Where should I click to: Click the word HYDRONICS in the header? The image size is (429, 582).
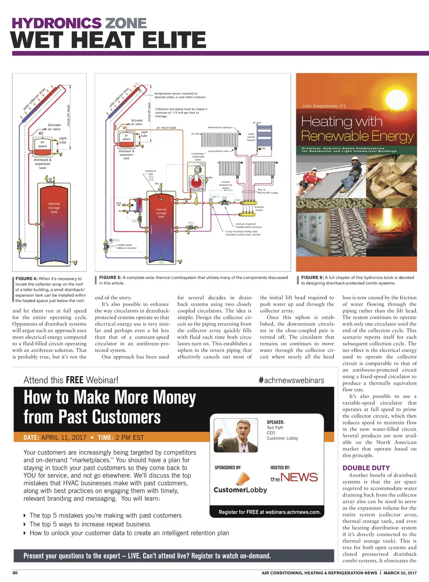pos(56,23)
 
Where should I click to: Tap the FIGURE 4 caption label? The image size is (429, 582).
pos(26,279)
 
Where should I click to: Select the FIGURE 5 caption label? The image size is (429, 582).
pos(110,277)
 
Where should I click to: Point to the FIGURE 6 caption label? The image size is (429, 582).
pos(312,277)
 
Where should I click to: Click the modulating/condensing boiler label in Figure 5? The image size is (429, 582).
pos(198,157)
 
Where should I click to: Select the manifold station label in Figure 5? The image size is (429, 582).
pos(259,208)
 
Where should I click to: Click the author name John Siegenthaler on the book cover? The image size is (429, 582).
pos(325,106)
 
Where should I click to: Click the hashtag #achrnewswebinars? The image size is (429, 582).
pos(292,380)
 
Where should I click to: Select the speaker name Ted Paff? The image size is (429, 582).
pos(275,428)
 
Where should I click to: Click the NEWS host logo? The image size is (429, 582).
pos(294,477)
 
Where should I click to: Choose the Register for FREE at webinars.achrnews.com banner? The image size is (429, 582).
pos(269,512)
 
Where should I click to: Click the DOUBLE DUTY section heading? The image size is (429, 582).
pos(366,468)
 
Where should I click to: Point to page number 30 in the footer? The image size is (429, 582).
pos(15,573)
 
